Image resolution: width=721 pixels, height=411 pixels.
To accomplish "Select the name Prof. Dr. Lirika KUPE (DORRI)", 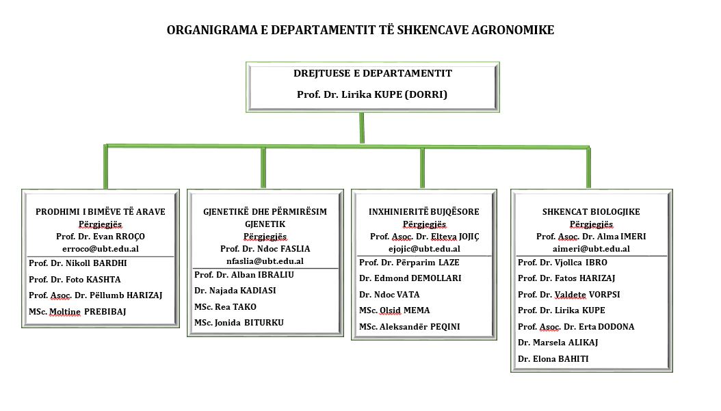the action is pyautogui.click(x=372, y=94).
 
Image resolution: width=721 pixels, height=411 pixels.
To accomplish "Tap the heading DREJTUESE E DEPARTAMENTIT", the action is pyautogui.click(x=372, y=73).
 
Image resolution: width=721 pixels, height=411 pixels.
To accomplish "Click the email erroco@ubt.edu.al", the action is pyautogui.click(x=101, y=249).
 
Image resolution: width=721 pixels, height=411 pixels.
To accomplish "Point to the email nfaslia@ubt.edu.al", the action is pyautogui.click(x=265, y=261).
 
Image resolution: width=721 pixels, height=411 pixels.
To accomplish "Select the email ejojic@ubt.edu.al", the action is pyautogui.click(x=424, y=249).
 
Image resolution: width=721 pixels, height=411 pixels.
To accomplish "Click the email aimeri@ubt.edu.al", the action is pyautogui.click(x=591, y=249).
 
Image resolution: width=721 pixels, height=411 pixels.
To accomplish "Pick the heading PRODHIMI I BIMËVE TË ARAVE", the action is pyautogui.click(x=101, y=212).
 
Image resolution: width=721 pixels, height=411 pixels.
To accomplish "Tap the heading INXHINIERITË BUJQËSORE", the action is pyautogui.click(x=424, y=212).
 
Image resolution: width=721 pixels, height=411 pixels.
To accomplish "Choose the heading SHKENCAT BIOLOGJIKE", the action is pyautogui.click(x=591, y=212).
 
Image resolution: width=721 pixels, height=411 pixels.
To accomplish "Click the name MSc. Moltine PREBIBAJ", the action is pyautogui.click(x=77, y=312).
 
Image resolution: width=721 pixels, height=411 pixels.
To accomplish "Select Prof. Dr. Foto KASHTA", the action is pyautogui.click(x=75, y=280).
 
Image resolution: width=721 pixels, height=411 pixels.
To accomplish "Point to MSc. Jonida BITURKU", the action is pyautogui.click(x=239, y=323).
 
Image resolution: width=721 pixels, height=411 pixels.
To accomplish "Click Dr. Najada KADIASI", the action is pyautogui.click(x=235, y=291).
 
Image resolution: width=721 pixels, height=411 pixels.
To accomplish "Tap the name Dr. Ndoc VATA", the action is pyautogui.click(x=389, y=295).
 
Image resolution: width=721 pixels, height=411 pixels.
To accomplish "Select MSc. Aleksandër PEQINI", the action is pyautogui.click(x=409, y=327).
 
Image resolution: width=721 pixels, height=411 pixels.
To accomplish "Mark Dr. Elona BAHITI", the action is pyautogui.click(x=553, y=359).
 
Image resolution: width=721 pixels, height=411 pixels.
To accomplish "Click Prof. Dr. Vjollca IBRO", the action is pyautogui.click(x=562, y=263).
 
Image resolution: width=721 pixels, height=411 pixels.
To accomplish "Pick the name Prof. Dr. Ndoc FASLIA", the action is pyautogui.click(x=265, y=249).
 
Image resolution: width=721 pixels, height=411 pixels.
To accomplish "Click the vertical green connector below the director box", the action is pyautogui.click(x=362, y=128).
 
